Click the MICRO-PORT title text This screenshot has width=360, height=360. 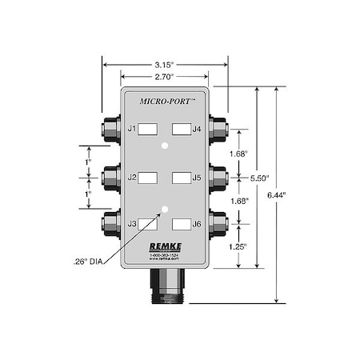click(x=165, y=102)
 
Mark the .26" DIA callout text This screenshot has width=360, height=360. click(x=90, y=261)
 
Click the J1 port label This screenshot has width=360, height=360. click(x=133, y=128)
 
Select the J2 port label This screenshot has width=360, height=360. click(x=133, y=177)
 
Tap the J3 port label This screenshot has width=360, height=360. click(x=133, y=225)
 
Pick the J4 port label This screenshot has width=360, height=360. click(x=197, y=128)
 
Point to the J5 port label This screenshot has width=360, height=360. click(x=197, y=177)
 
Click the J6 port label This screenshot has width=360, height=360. click(x=197, y=225)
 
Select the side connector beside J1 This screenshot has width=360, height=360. click(x=110, y=128)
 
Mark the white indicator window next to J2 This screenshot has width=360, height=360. click(x=149, y=177)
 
